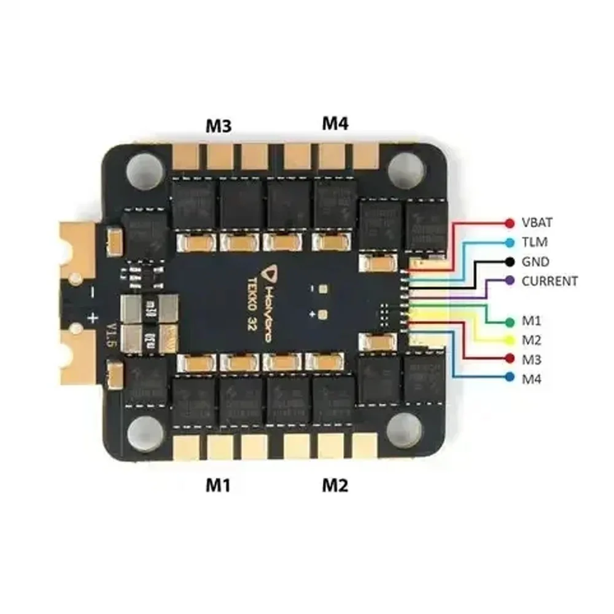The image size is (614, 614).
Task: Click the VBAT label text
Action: click(537, 222)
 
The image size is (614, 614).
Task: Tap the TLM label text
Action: click(534, 242)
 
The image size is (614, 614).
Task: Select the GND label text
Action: click(534, 262)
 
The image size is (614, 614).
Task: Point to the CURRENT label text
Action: click(549, 281)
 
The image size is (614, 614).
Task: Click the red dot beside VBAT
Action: click(509, 222)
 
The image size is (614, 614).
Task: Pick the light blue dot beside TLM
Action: click(509, 242)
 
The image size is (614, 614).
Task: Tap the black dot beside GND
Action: click(509, 262)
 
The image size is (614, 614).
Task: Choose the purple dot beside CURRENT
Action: click(509, 281)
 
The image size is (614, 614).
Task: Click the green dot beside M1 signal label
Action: click(509, 321)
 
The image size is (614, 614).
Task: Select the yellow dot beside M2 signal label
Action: click(509, 340)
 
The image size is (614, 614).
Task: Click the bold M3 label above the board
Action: click(218, 126)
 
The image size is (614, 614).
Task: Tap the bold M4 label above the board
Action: click(335, 123)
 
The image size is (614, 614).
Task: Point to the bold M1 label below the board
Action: click(218, 485)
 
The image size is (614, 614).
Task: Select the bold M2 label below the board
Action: click(335, 485)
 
